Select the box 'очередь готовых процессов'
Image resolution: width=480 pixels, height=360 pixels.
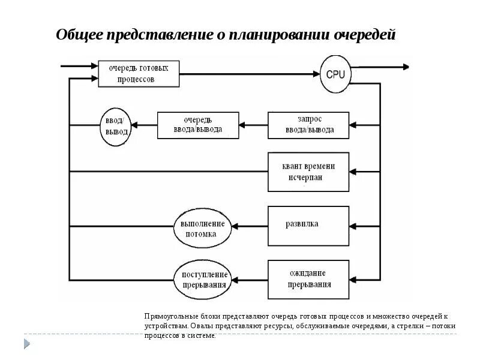click(140, 73)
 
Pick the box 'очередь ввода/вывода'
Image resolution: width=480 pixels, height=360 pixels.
click(198, 125)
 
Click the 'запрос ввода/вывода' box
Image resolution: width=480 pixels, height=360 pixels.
click(308, 125)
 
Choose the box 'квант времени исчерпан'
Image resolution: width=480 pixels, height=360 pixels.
click(308, 172)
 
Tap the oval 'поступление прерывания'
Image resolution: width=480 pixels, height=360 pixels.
click(203, 278)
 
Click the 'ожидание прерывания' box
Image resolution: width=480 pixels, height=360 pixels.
click(308, 279)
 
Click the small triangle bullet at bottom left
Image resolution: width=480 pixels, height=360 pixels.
click(26, 343)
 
